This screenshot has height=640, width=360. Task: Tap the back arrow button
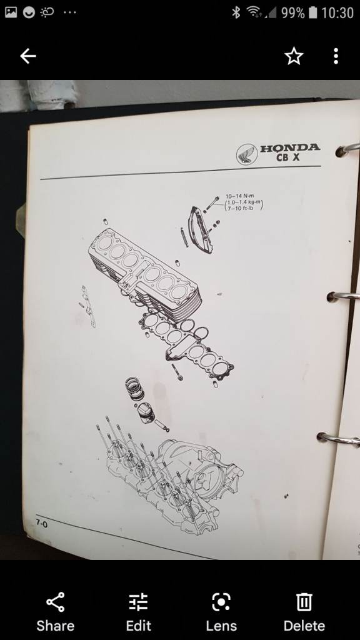click(27, 56)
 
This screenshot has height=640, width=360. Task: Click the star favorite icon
click(294, 56)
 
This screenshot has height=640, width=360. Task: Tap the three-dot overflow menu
click(336, 56)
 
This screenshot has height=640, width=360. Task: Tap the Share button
click(55, 612)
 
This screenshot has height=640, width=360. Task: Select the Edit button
click(138, 612)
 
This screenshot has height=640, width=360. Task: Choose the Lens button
click(221, 612)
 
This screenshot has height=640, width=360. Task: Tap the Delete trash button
click(304, 612)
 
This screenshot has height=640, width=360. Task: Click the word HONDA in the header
click(290, 147)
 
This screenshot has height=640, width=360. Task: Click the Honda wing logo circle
click(246, 154)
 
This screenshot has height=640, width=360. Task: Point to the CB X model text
click(287, 157)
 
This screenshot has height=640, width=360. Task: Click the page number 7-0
click(41, 523)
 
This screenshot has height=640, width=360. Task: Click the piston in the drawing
click(146, 413)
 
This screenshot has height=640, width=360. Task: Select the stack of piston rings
click(135, 388)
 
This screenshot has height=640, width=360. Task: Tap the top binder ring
click(347, 149)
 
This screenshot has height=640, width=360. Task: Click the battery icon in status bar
click(313, 12)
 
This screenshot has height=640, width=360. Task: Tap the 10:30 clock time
click(337, 12)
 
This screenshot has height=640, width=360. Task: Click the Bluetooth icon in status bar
click(236, 12)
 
